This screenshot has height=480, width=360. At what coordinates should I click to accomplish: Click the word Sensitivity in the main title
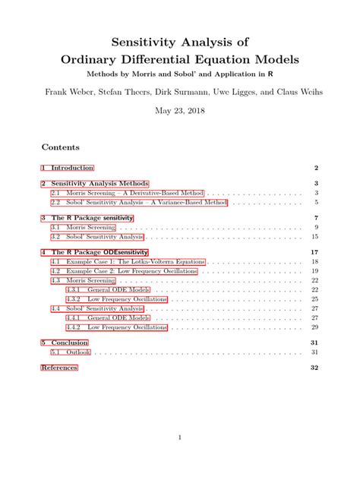pyautogui.click(x=144, y=39)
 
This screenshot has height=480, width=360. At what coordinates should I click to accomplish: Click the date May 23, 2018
pyautogui.click(x=179, y=111)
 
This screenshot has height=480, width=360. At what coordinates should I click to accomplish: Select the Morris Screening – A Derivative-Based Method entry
pyautogui.click(x=128, y=194)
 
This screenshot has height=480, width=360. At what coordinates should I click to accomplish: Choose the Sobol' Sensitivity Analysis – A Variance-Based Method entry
pyautogui.click(x=138, y=203)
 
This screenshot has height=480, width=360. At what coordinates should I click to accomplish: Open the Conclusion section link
pyautogui.click(x=69, y=343)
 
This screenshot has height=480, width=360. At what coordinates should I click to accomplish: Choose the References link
pyautogui.click(x=58, y=368)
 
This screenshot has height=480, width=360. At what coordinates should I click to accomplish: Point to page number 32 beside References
pyautogui.click(x=314, y=368)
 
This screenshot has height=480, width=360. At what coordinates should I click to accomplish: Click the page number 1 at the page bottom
pyautogui.click(x=179, y=437)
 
